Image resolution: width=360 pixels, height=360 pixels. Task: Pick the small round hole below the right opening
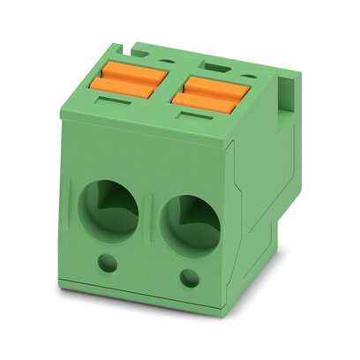tap(187, 280)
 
